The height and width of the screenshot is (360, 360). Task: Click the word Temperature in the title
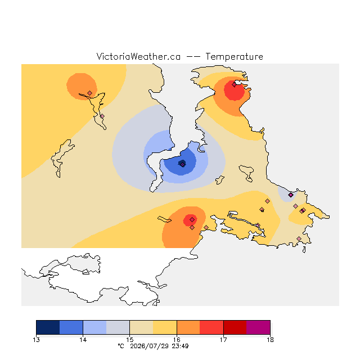[234, 56]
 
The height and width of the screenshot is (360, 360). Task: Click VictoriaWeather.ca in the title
[138, 56]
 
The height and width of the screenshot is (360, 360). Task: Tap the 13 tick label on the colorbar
[36, 340]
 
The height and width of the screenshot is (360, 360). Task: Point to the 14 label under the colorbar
[83, 340]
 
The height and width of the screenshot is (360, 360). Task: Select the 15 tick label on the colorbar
[130, 340]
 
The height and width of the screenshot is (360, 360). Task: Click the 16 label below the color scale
[177, 340]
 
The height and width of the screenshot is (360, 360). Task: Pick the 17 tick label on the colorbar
[223, 340]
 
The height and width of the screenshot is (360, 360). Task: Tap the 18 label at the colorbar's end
[270, 340]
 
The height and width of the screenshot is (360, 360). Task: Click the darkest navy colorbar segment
[48, 327]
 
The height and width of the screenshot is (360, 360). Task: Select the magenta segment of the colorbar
[258, 327]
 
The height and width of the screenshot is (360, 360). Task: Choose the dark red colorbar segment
[235, 327]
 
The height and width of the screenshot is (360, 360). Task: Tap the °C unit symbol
[121, 346]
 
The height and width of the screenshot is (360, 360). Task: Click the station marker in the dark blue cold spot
[182, 164]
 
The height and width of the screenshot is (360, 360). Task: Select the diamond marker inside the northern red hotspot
[234, 85]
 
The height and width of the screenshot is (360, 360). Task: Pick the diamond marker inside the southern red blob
[192, 220]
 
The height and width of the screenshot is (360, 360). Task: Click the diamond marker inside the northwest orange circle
[90, 93]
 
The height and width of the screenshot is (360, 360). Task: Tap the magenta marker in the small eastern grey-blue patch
[291, 195]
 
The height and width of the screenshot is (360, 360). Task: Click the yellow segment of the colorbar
[165, 327]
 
